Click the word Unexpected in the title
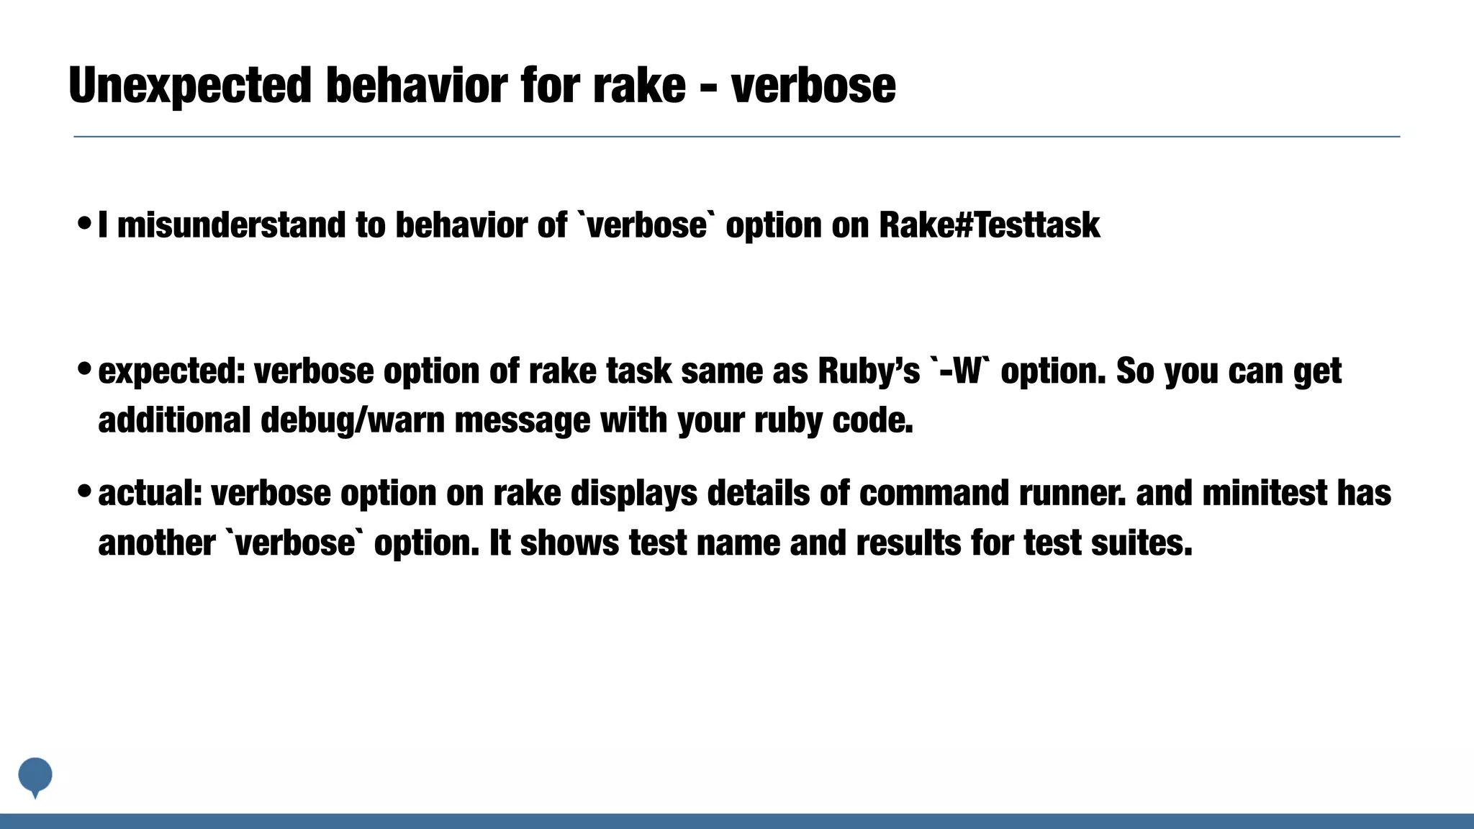pos(189,85)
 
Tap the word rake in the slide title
pos(639,85)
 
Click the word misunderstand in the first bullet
pos(231,225)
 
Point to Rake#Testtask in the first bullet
pos(989,225)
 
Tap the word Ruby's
pos(869,372)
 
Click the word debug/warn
pos(353,420)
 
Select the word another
pos(156,543)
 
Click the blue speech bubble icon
pos(35,776)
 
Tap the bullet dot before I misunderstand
pos(83,224)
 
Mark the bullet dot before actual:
pos(83,493)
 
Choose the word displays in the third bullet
pos(634,494)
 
